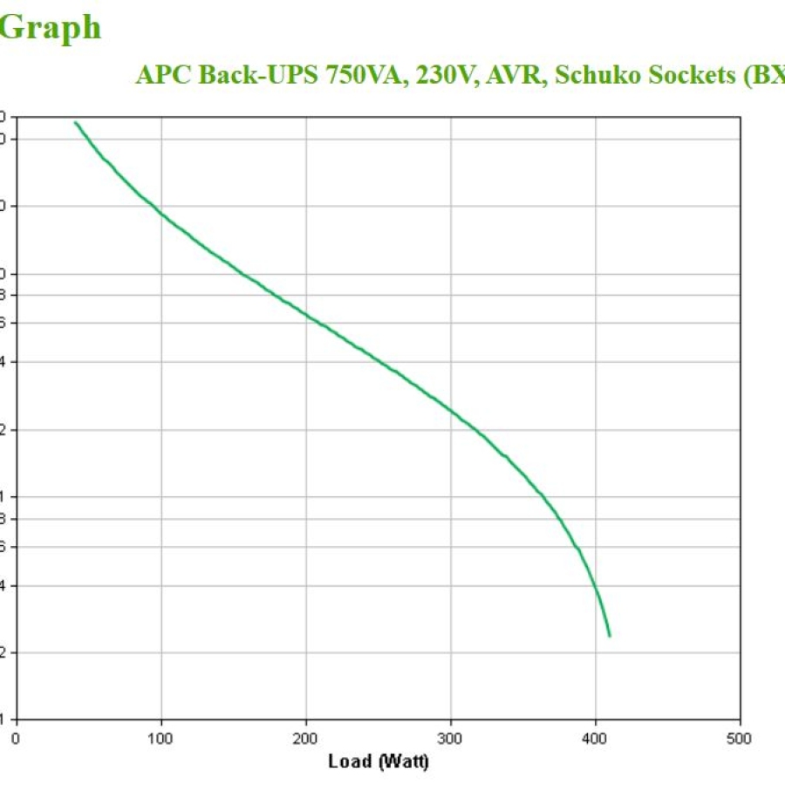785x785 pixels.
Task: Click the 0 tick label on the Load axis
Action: [16, 738]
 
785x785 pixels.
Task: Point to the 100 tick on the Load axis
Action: [160, 738]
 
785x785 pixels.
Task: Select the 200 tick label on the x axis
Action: [305, 738]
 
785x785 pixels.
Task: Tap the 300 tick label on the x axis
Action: [450, 738]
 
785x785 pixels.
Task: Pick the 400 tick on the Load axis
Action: [595, 738]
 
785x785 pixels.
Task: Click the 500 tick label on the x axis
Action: [740, 738]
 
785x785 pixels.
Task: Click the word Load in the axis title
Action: [349, 761]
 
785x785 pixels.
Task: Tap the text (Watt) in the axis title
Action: [402, 761]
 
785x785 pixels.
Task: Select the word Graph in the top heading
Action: [50, 28]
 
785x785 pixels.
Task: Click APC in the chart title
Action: [164, 75]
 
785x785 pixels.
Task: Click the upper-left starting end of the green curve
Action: [76, 123]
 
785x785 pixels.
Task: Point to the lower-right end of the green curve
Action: [609, 636]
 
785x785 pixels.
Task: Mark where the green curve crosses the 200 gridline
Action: [305, 313]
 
